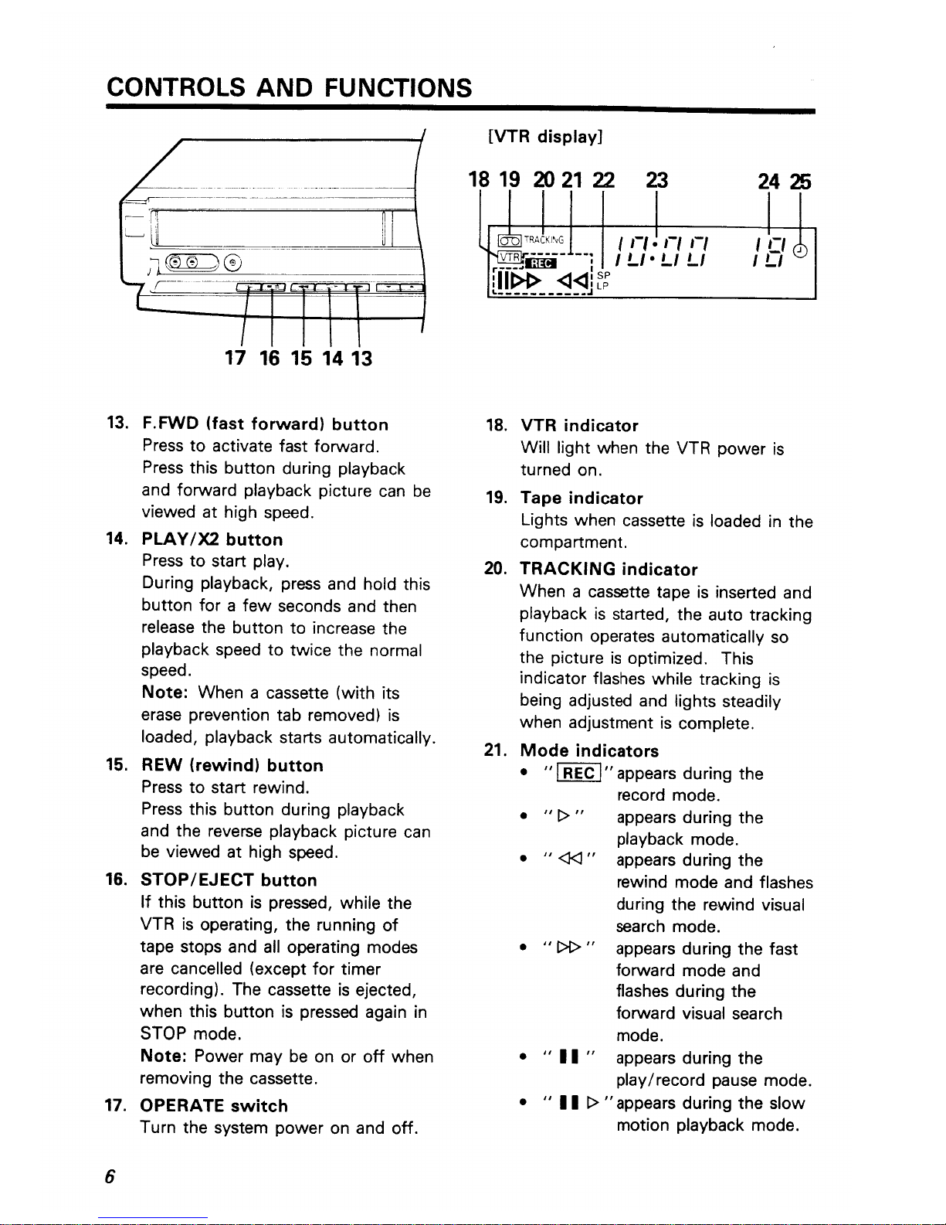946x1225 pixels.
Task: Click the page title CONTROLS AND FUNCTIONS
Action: [x=289, y=87]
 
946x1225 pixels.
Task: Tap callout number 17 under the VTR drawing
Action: [x=236, y=359]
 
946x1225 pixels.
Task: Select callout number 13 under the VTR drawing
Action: [x=358, y=359]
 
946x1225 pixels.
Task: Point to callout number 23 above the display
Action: [x=656, y=181]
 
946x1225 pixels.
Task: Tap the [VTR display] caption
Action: [x=544, y=137]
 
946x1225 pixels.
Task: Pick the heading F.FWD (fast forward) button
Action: [x=265, y=424]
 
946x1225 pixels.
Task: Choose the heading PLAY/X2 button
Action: [x=212, y=539]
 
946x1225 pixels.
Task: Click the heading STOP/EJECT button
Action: [x=229, y=880]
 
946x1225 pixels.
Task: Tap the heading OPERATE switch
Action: [x=214, y=1106]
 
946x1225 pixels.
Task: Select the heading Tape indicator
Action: [x=582, y=499]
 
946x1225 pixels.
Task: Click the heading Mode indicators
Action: [x=589, y=751]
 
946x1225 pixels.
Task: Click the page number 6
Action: [x=110, y=1177]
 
